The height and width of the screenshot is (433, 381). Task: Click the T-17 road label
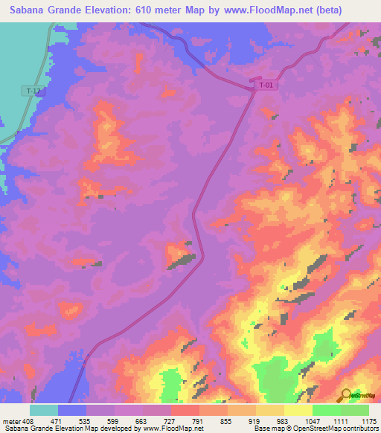click(33, 91)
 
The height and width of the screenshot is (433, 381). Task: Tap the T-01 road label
click(266, 86)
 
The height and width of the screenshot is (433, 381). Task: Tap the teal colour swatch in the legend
click(44, 410)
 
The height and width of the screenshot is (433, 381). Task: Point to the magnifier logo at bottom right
click(347, 395)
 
